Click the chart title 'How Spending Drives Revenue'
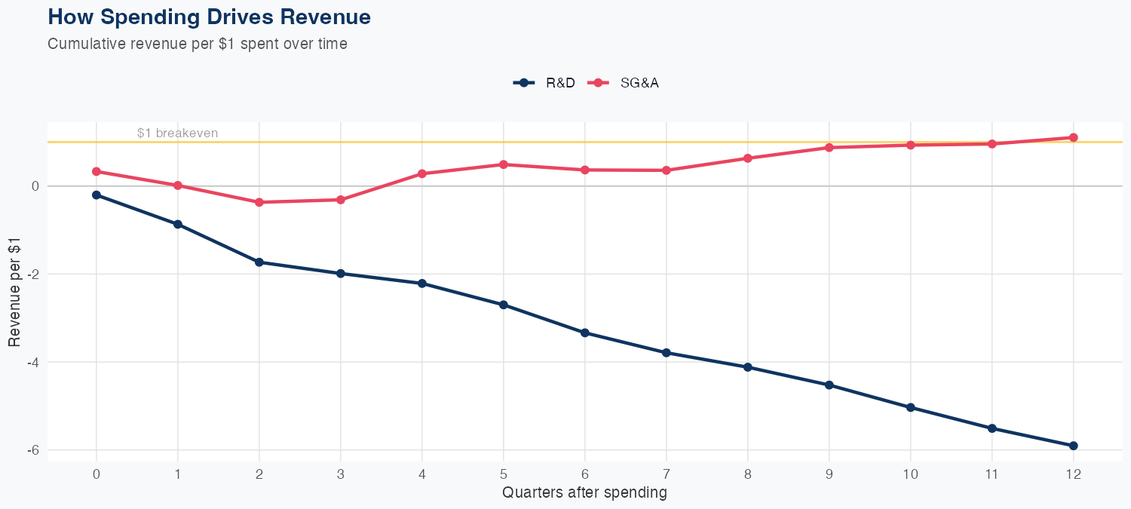coord(209,17)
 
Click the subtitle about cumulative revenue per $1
coord(198,44)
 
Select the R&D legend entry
coord(544,83)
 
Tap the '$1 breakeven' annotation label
coord(177,133)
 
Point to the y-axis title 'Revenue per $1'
coord(14,291)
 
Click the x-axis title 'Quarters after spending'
coord(584,493)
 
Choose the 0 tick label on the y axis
coord(34,186)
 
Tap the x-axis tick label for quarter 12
coord(1073,474)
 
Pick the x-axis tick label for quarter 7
coord(666,474)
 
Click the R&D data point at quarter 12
coord(1073,446)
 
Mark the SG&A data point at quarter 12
coord(1073,138)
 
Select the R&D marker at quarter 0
coord(97,195)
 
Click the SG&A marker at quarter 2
coord(259,202)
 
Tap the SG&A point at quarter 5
coord(504,164)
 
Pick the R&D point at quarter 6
coord(584,333)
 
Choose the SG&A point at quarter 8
coord(747,158)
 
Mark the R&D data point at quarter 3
coord(341,274)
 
